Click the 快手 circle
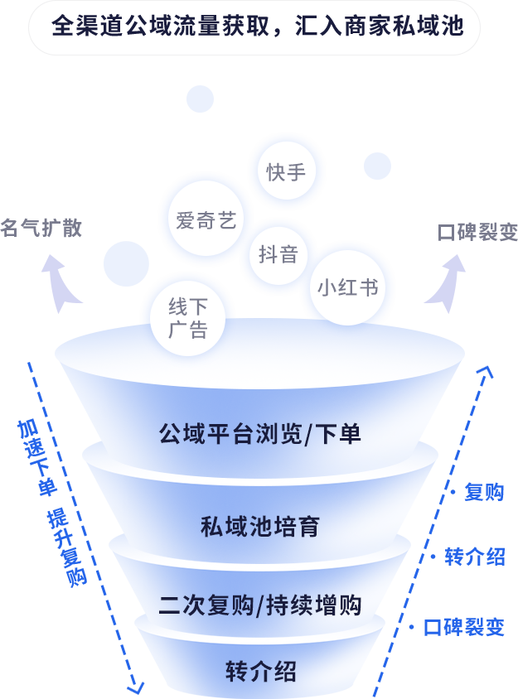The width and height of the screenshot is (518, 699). [x=286, y=171]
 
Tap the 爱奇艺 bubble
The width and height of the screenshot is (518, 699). [x=206, y=219]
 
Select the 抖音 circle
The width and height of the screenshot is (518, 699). [x=278, y=254]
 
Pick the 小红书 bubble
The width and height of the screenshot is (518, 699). [x=347, y=287]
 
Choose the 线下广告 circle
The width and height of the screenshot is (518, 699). [x=187, y=318]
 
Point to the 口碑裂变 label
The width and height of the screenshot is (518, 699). [x=477, y=232]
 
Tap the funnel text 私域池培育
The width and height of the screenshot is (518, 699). [x=260, y=527]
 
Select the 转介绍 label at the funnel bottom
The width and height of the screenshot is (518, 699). [x=261, y=672]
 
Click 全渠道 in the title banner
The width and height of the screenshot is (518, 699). [x=80, y=27]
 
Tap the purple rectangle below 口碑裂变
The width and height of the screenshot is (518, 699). [x=444, y=283]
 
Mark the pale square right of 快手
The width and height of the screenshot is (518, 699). [x=377, y=166]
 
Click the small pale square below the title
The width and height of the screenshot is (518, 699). [x=200, y=99]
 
